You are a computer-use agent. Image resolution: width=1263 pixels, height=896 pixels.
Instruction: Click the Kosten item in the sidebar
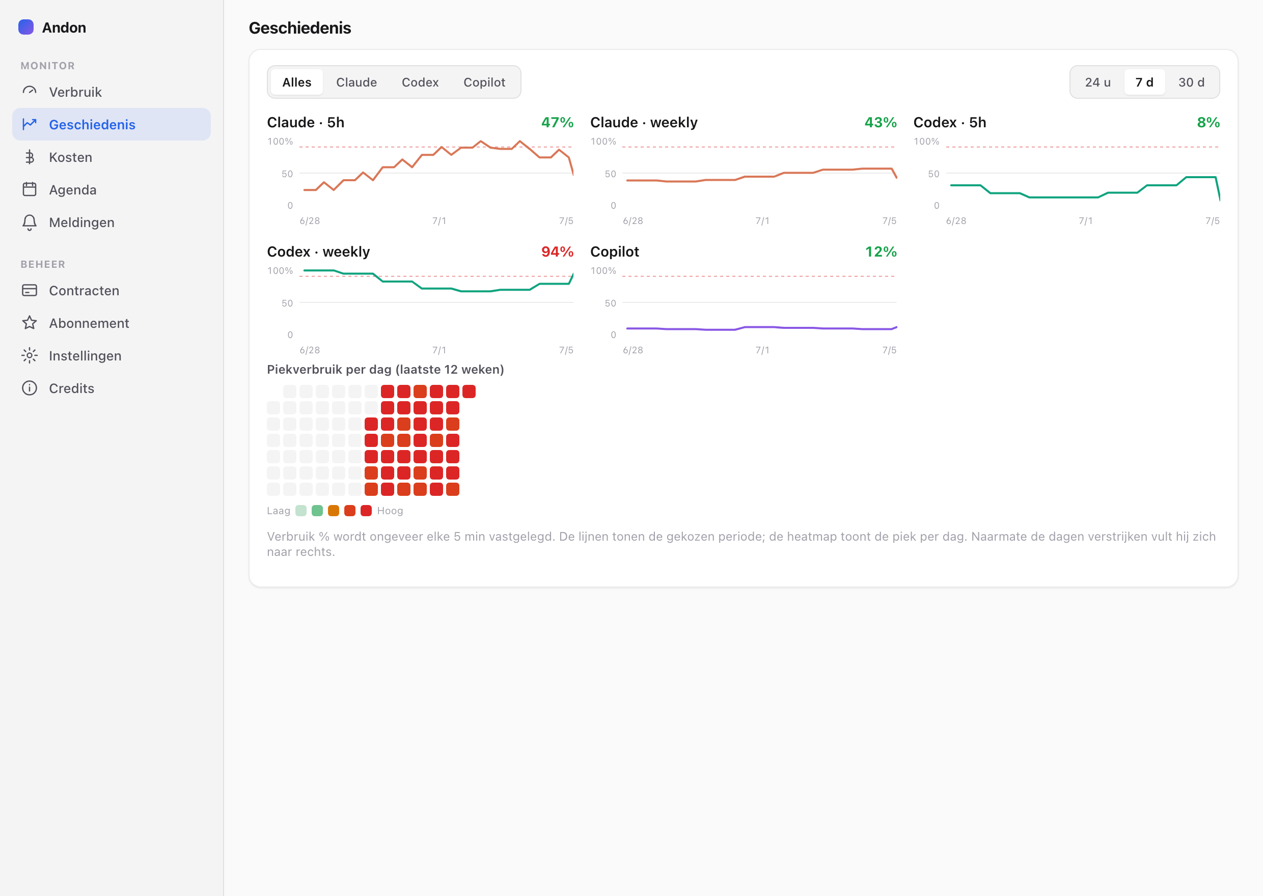point(70,157)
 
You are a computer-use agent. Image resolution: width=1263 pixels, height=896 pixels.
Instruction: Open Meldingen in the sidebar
point(81,222)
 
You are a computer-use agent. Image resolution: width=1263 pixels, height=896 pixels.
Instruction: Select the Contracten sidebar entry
point(84,291)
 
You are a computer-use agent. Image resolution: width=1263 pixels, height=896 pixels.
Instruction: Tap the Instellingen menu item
point(85,356)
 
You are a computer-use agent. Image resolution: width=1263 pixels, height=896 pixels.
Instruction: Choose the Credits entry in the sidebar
point(71,388)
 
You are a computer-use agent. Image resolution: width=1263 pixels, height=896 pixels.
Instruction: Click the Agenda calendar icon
point(30,189)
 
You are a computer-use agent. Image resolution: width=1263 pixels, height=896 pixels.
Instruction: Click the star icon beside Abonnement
point(30,323)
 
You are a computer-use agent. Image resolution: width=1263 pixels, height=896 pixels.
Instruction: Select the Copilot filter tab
point(484,82)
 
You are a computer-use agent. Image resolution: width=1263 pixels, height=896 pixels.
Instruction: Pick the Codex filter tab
point(420,82)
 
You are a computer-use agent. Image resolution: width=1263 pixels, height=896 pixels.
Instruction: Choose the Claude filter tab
point(356,82)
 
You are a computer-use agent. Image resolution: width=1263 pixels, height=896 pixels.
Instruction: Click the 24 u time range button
point(1097,82)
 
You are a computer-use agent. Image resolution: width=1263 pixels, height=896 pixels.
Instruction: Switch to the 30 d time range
point(1191,82)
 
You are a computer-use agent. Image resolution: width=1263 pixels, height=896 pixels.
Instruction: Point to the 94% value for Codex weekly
point(557,251)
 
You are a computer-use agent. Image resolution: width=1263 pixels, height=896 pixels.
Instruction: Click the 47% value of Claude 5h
point(557,123)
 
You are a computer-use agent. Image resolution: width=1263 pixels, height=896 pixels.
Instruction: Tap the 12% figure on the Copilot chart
point(881,251)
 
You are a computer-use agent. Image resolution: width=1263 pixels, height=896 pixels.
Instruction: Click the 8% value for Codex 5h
point(1209,123)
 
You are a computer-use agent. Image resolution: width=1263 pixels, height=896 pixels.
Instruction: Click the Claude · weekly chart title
point(644,123)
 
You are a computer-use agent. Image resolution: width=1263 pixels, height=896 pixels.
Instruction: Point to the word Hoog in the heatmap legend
point(390,511)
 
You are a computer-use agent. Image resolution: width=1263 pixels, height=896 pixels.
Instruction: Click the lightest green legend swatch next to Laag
point(300,511)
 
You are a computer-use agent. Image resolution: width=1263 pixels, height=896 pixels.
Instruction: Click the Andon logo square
point(26,27)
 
